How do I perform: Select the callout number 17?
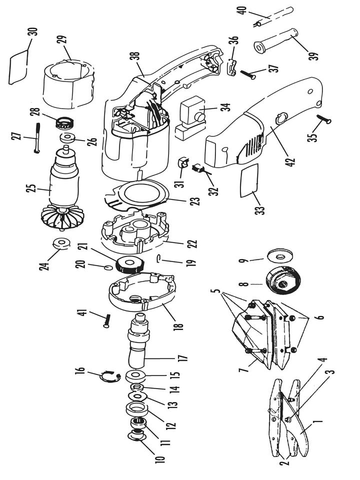pos(183,358)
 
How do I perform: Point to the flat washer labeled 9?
pos(280,255)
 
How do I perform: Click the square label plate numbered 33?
pos(249,180)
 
